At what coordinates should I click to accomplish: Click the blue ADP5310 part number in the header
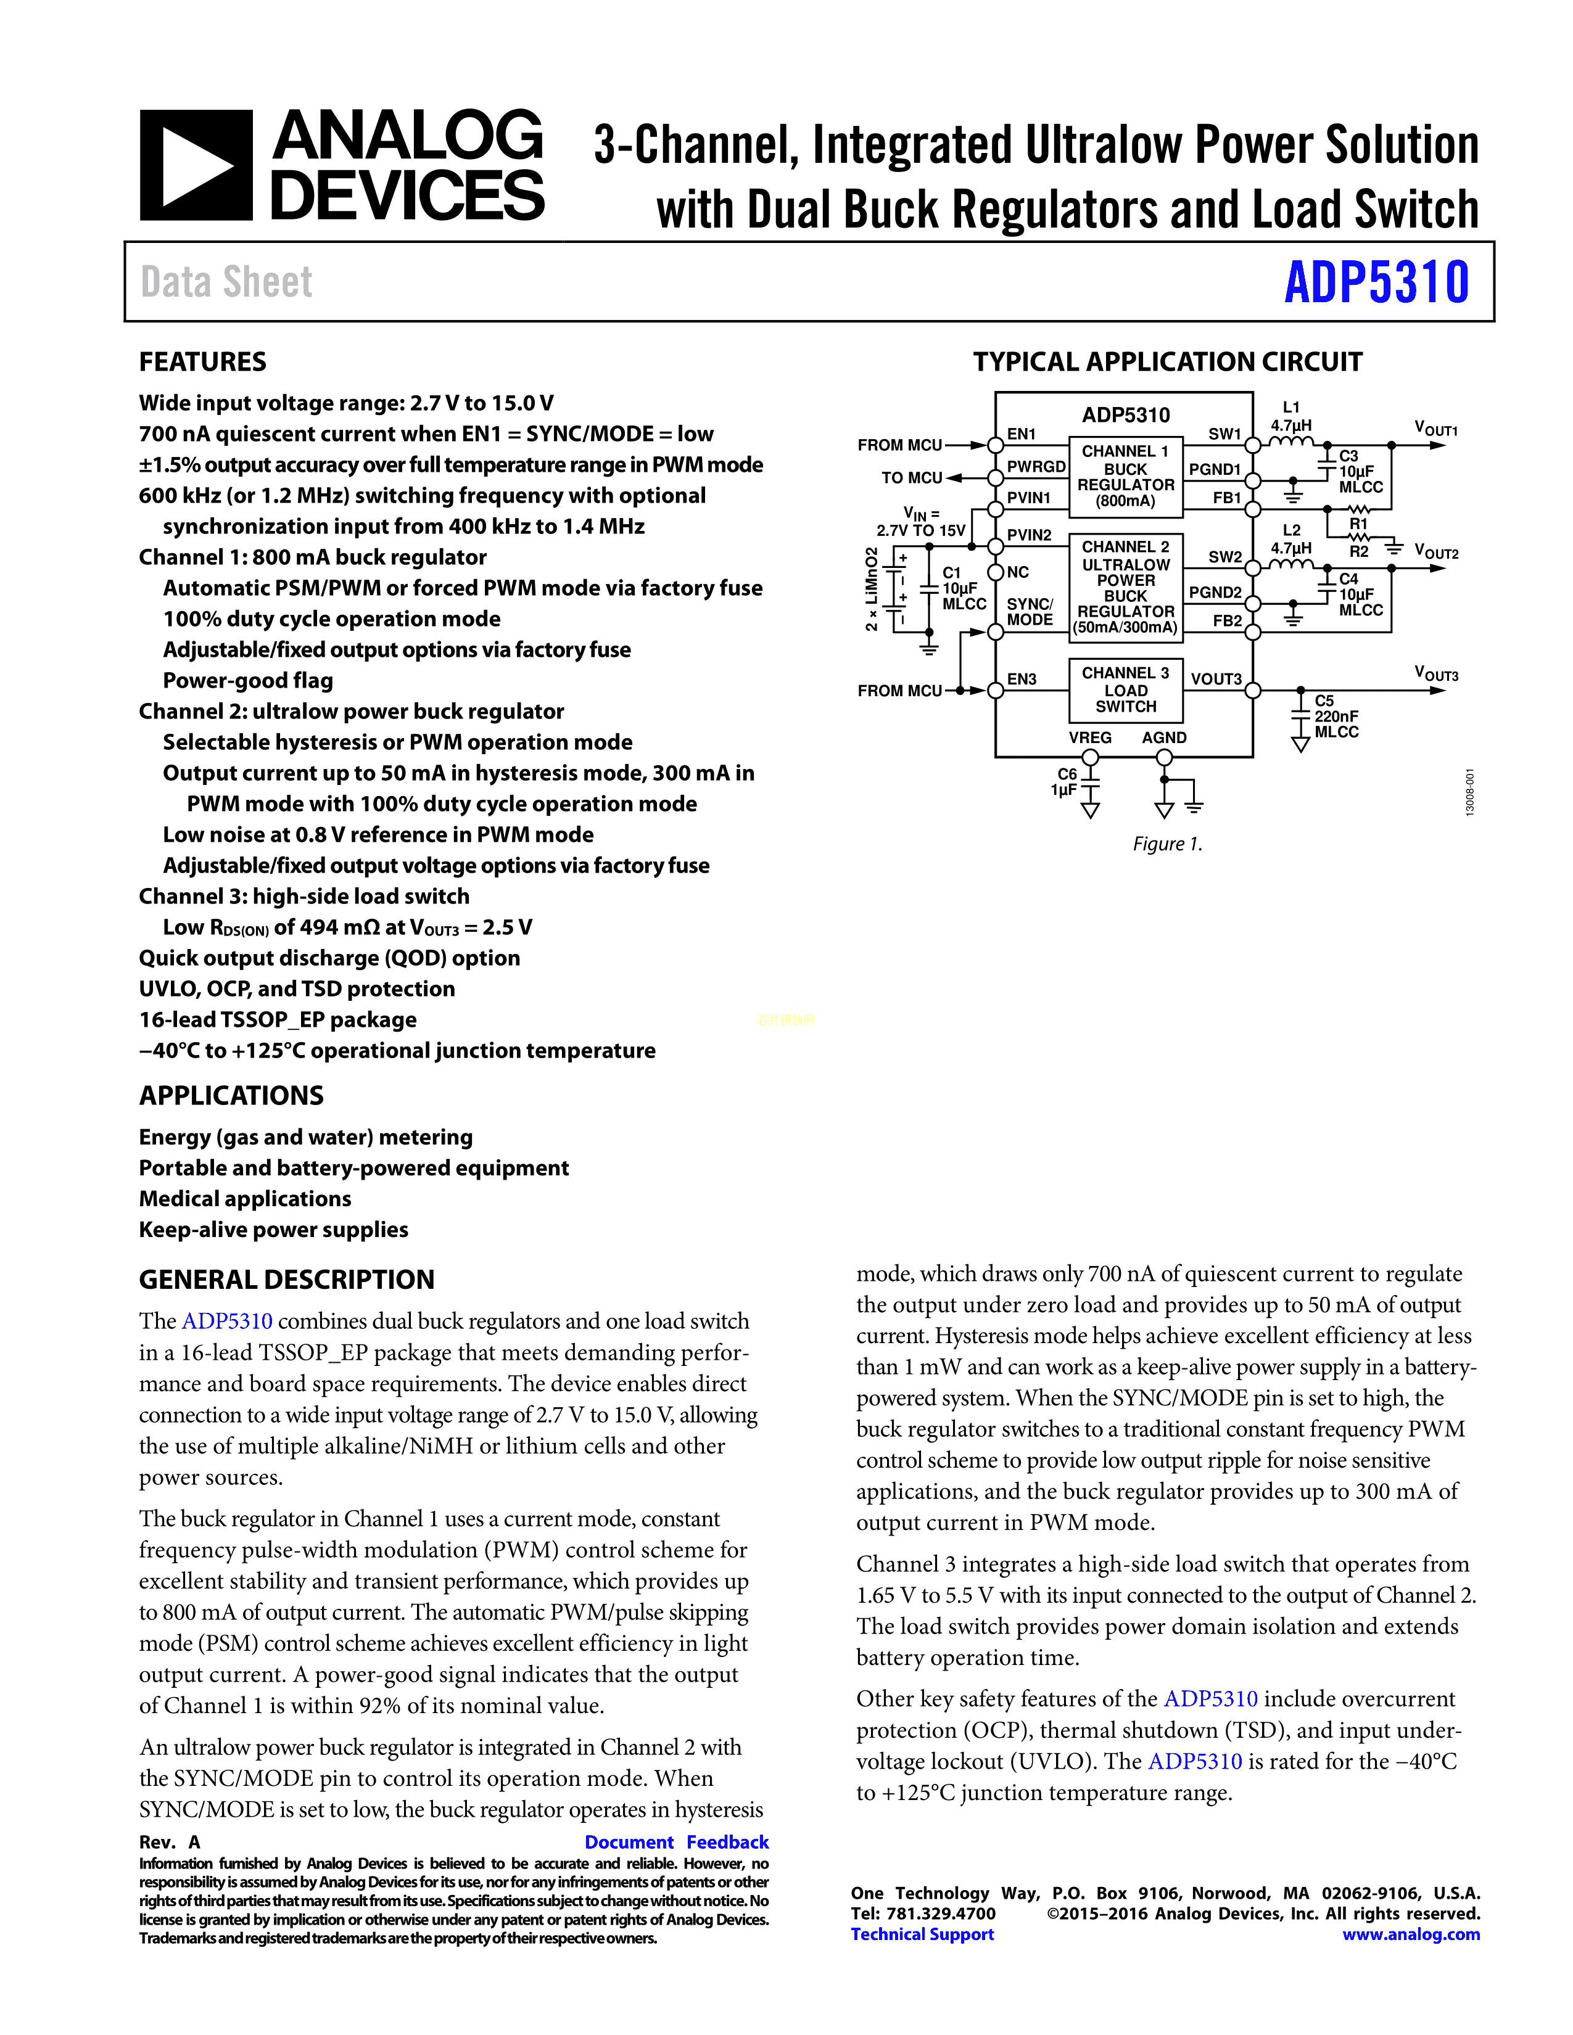pos(1376,282)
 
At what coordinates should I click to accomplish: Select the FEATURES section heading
pos(202,361)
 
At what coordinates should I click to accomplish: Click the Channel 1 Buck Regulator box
pos(1125,476)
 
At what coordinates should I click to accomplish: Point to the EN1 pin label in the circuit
pos(1022,434)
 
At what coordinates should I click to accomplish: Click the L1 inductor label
pos(1290,407)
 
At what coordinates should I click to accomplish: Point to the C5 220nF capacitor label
pos(1336,715)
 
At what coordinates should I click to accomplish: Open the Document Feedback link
pos(677,1842)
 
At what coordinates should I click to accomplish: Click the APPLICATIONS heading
pos(231,1096)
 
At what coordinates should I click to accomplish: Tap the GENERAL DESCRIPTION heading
pos(287,1280)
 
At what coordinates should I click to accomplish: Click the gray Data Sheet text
pos(226,282)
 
